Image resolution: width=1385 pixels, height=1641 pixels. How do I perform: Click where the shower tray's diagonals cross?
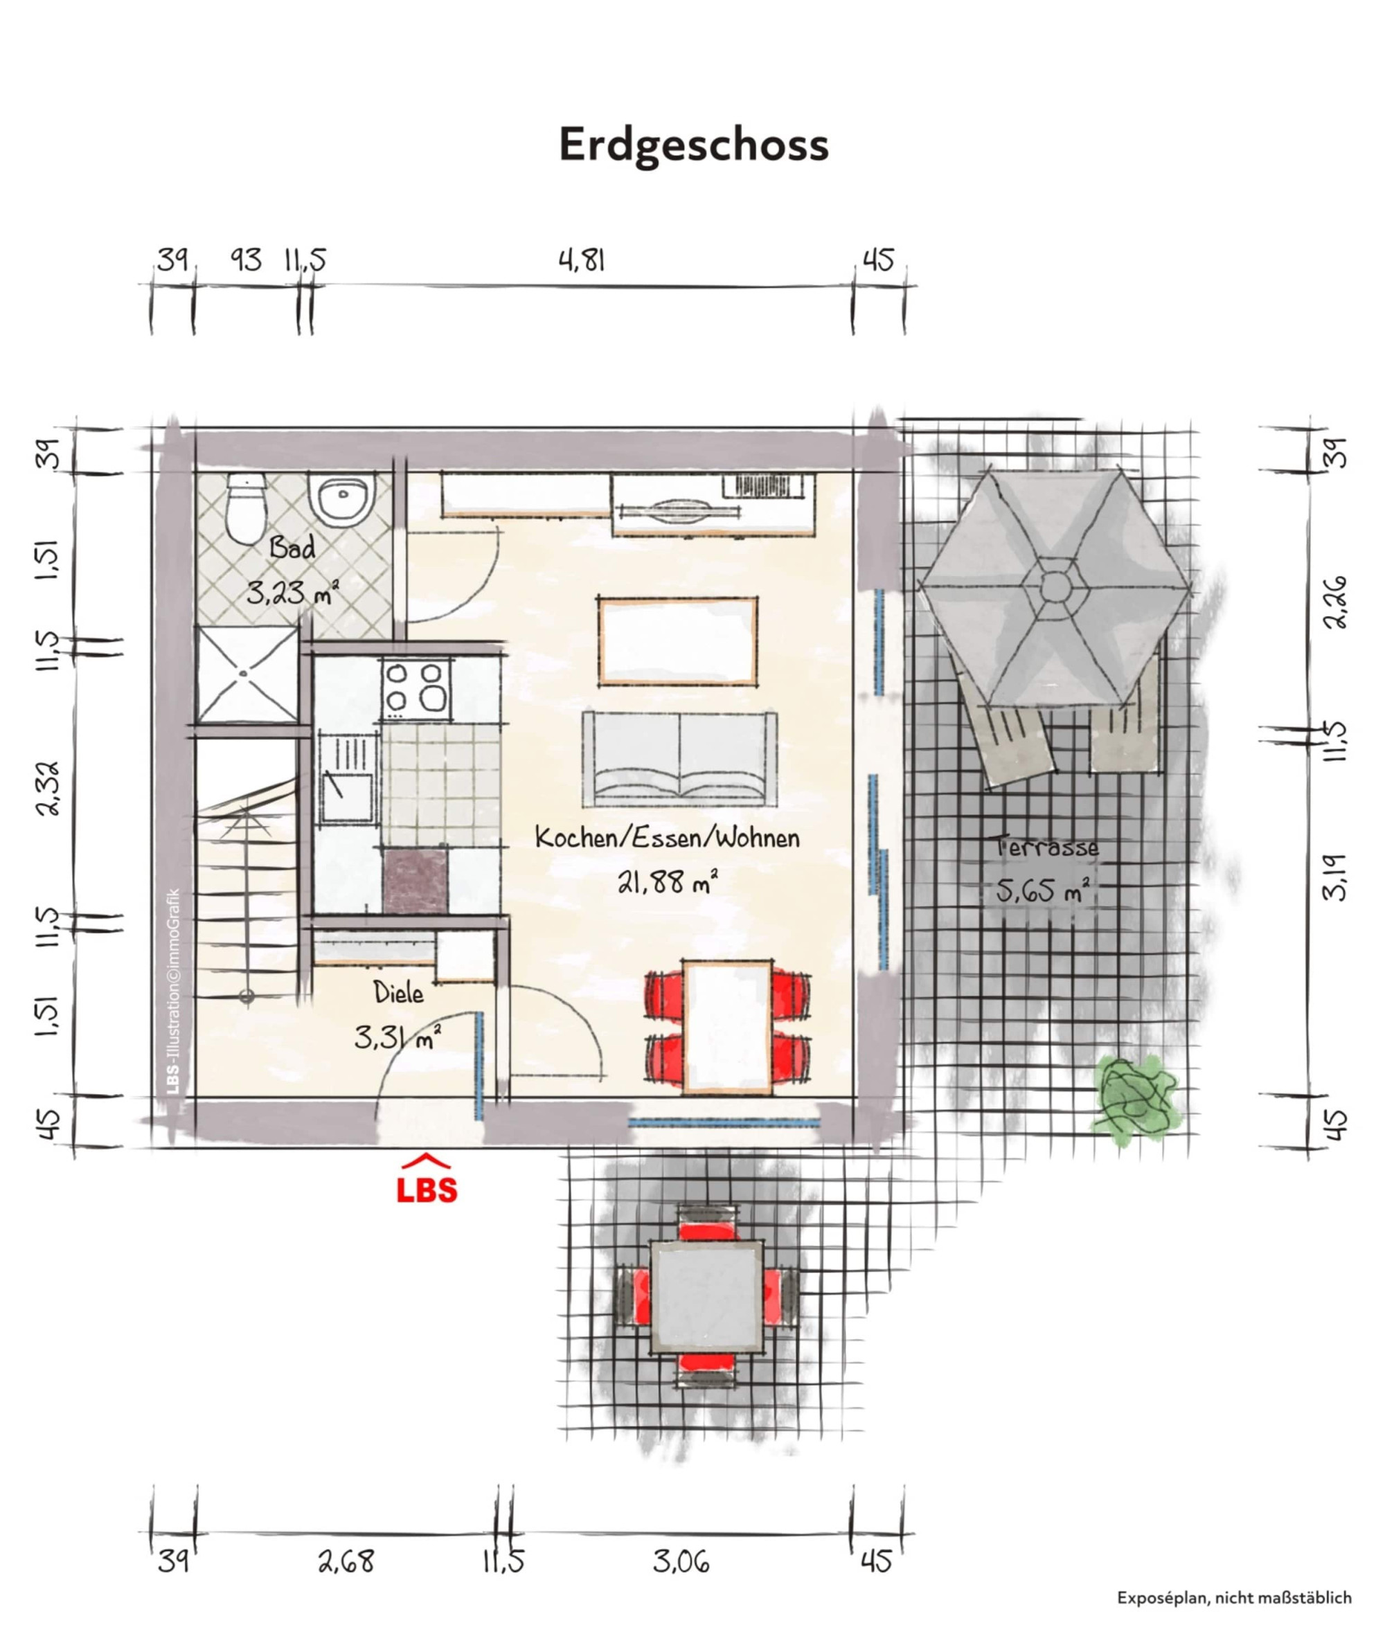[x=247, y=673]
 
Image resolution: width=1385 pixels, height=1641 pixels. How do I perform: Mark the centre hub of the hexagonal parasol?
[x=1055, y=585]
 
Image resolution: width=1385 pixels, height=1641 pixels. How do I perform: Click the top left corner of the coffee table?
[x=599, y=597]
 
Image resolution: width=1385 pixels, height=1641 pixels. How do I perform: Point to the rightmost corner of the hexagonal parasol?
[x=1191, y=586]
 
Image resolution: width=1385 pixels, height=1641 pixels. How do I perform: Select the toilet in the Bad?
[x=245, y=508]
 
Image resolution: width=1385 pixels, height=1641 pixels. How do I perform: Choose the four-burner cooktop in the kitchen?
[x=417, y=688]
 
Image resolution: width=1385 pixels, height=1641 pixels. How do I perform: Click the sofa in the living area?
[x=680, y=758]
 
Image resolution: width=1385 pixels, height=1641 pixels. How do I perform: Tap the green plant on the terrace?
[x=1134, y=1095]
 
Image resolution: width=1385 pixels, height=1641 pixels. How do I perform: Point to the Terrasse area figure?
[x=1044, y=890]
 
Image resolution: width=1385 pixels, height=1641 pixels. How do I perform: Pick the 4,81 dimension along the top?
[x=582, y=260]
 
